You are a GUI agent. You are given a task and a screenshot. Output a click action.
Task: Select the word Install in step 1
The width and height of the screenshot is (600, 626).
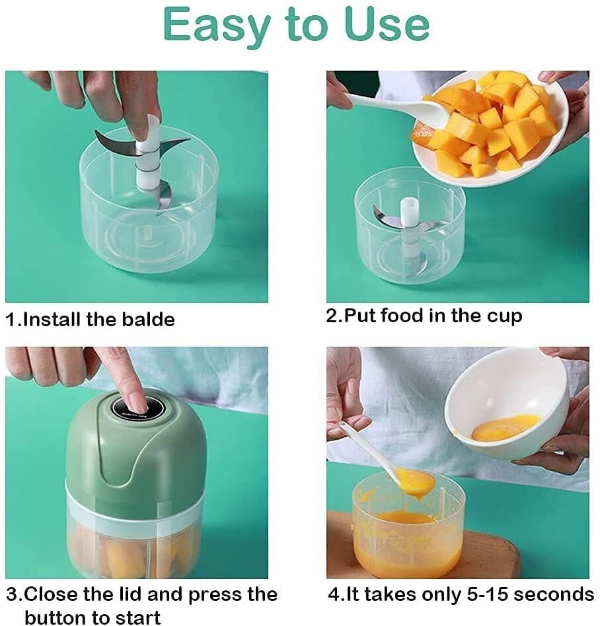pos(52,320)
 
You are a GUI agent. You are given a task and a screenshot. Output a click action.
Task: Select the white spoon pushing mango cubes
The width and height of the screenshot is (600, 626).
pos(396,108)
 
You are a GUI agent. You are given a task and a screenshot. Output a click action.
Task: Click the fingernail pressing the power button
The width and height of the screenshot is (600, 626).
pos(137,400)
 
